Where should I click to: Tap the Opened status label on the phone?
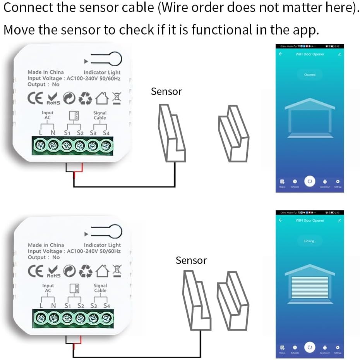pyautogui.click(x=310, y=75)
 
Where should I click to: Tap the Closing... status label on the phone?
pyautogui.click(x=310, y=241)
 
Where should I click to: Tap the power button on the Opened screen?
pyautogui.click(x=309, y=181)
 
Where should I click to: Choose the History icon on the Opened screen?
pyautogui.click(x=282, y=181)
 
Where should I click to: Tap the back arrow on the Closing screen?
pyautogui.click(x=281, y=220)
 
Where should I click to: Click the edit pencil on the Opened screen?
pyautogui.click(x=339, y=54)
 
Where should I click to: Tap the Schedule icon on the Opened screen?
pyautogui.click(x=295, y=181)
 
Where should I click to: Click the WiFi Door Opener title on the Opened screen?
pyautogui.click(x=310, y=54)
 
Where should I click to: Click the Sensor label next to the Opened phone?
pyautogui.click(x=166, y=91)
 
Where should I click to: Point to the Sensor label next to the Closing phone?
pyautogui.click(x=191, y=260)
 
